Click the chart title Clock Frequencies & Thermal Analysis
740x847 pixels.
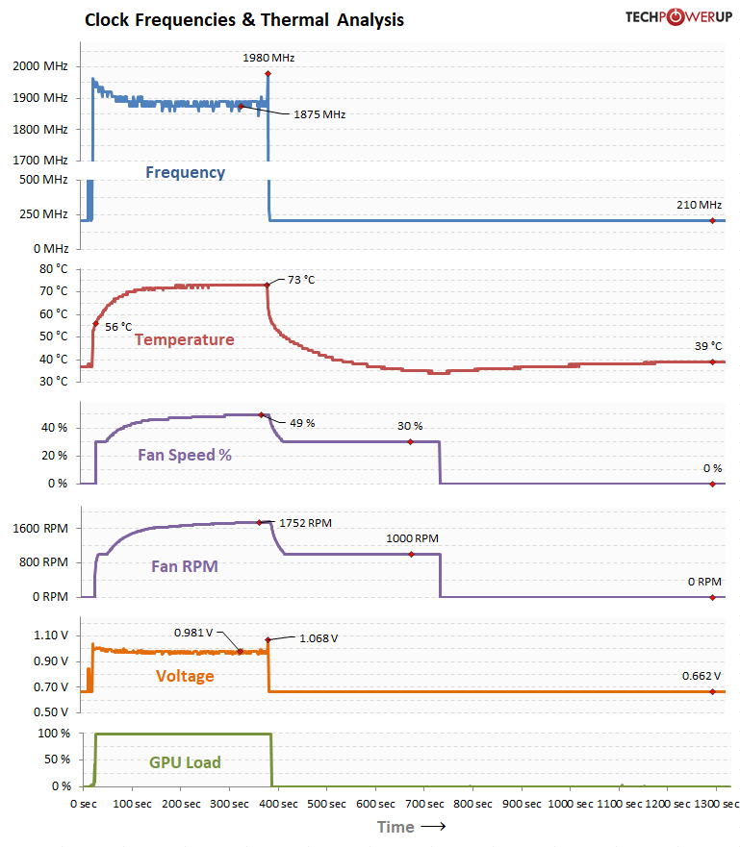tap(244, 19)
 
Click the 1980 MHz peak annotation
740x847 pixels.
tap(268, 58)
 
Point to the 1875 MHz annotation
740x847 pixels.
tap(319, 114)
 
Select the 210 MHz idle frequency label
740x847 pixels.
tap(698, 205)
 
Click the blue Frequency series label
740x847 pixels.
tap(185, 173)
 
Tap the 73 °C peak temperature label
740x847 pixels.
tap(301, 280)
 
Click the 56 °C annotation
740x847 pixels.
tap(118, 326)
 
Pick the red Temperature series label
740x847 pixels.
tap(184, 339)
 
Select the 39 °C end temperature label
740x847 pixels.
tap(707, 346)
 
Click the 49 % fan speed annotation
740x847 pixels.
tap(302, 423)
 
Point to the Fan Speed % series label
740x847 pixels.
tap(185, 455)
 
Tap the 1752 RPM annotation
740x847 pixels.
tap(305, 524)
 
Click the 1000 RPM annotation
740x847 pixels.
tap(412, 538)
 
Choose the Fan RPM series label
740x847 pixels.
tap(185, 566)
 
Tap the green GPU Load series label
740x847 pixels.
tap(185, 762)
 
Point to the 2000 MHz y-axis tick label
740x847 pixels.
tap(40, 66)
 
